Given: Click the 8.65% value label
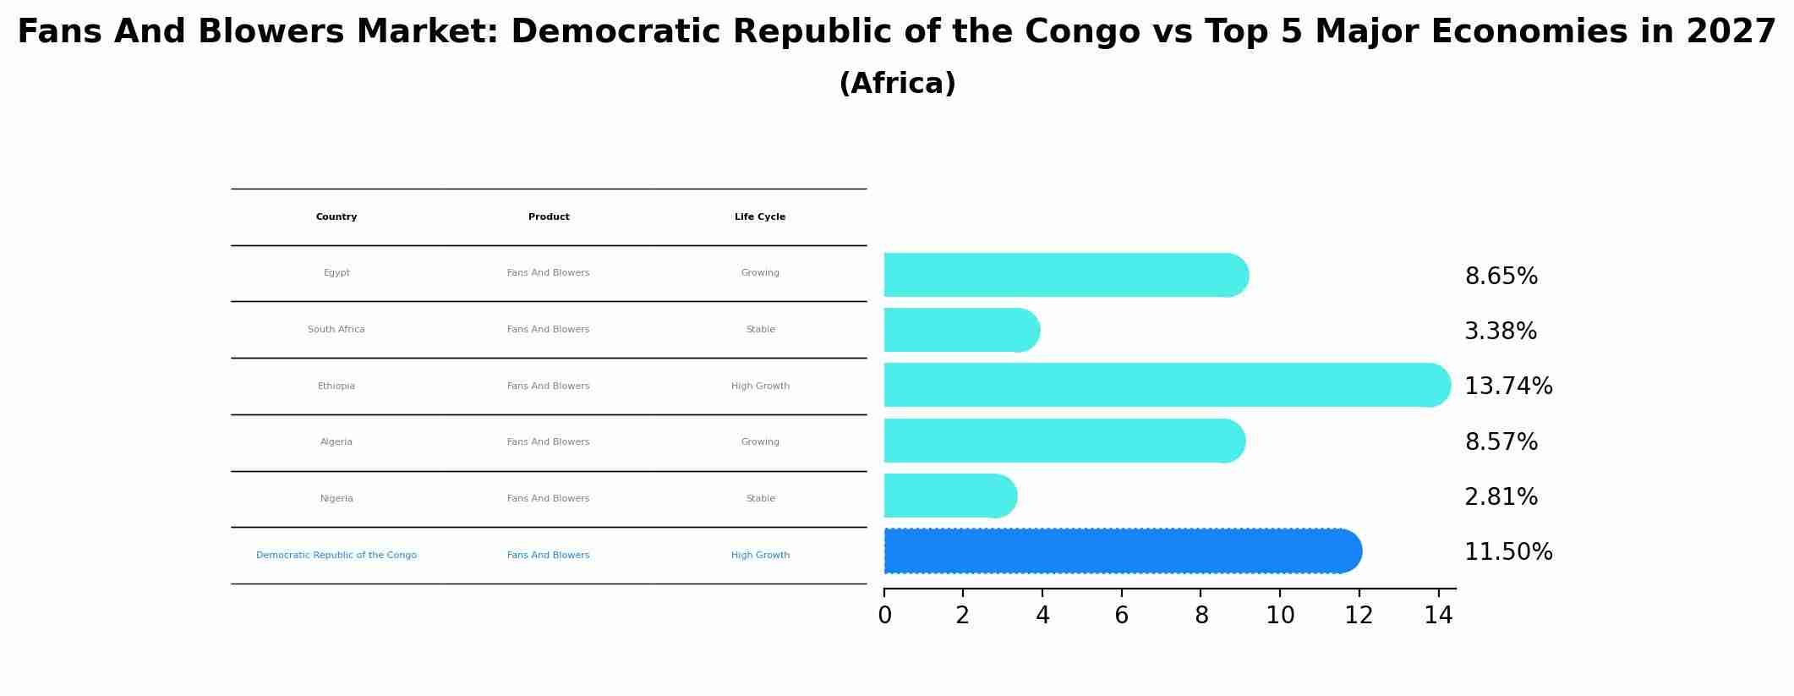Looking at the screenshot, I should point(1501,277).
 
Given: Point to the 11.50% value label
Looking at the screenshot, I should point(1508,552).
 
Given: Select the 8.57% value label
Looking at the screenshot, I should point(1501,442).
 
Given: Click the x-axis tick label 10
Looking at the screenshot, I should point(1280,616).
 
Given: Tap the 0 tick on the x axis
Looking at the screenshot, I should point(884,616).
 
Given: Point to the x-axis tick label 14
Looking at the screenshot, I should point(1438,616).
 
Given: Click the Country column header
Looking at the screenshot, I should point(336,217).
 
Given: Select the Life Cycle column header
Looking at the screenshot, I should point(760,217).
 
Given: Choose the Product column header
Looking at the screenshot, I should point(549,217).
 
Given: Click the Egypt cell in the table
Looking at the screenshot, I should point(336,273).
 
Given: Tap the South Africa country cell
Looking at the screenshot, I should point(336,330).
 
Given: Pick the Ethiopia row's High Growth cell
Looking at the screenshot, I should point(760,386).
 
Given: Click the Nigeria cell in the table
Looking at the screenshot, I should point(336,499).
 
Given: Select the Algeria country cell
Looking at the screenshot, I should point(336,442).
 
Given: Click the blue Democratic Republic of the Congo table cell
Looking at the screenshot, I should point(336,556).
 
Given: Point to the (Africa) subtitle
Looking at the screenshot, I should point(897,84).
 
